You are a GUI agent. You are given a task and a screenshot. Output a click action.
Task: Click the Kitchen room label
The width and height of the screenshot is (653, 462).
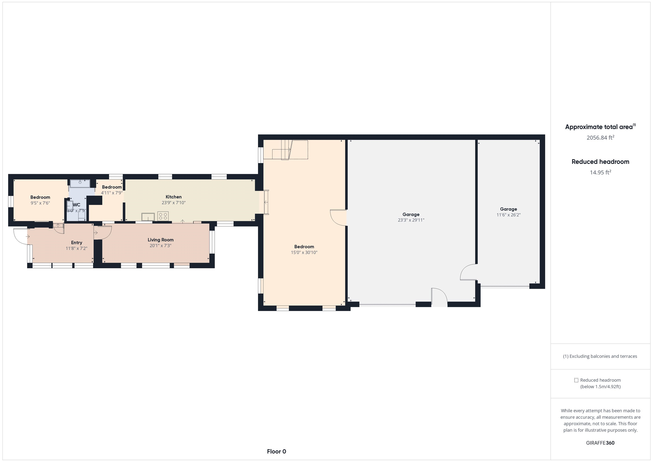click(173, 197)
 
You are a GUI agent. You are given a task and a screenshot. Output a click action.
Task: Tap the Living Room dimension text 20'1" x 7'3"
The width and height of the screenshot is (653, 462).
click(160, 246)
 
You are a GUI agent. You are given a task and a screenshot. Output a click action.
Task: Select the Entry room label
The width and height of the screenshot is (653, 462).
click(77, 243)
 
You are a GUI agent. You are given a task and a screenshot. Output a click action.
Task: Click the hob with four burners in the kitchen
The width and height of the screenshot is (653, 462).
click(163, 216)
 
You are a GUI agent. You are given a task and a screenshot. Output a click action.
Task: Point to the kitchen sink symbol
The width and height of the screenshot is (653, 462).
click(148, 217)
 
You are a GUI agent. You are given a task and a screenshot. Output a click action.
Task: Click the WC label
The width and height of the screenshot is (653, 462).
click(77, 205)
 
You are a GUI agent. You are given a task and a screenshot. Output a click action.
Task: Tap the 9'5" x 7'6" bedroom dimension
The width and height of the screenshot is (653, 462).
click(40, 203)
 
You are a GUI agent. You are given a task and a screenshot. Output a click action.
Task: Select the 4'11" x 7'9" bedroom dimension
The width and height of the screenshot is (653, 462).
click(112, 193)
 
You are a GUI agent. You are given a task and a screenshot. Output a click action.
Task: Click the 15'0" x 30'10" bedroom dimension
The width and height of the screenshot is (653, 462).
click(304, 253)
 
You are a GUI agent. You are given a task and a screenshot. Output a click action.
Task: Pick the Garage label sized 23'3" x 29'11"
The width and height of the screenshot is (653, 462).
click(411, 215)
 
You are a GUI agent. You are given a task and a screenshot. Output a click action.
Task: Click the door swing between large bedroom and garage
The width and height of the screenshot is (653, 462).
click(338, 218)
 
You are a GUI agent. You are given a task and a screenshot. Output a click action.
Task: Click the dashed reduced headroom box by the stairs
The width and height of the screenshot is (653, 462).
click(299, 150)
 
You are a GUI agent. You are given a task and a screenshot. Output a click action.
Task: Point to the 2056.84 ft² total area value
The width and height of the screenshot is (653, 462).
click(600, 138)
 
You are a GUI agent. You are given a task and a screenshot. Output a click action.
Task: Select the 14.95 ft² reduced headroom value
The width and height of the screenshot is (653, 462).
click(600, 172)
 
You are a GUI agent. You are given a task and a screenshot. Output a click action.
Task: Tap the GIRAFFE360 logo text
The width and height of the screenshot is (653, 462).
click(600, 443)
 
